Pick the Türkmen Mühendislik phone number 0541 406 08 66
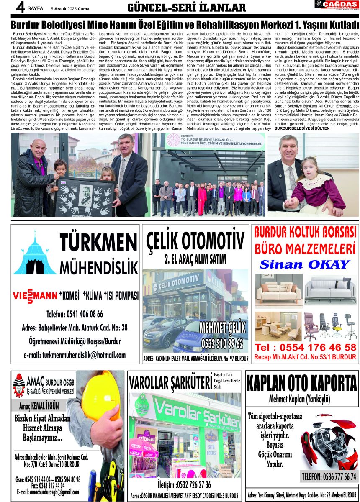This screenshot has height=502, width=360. click(x=75, y=314)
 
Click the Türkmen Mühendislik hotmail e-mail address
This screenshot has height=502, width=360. click(x=75, y=355)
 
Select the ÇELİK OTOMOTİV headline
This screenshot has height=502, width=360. click(x=195, y=242)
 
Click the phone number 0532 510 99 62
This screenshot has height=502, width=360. click(x=222, y=344)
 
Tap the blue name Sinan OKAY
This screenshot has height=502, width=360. click(x=304, y=264)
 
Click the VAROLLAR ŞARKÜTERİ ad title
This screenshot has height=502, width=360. click(x=170, y=382)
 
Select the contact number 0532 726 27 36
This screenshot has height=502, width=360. click(x=184, y=484)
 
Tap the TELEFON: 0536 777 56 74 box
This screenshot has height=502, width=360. click(x=329, y=476)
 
